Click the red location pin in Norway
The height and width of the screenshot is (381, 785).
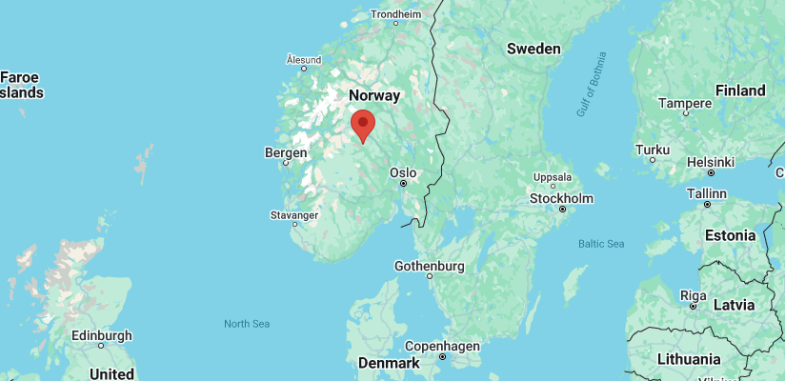point(362,125)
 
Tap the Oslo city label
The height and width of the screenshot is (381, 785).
point(403,172)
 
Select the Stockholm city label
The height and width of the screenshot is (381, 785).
point(562,198)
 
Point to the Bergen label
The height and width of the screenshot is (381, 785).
point(286,152)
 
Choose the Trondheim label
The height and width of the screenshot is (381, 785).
point(395,14)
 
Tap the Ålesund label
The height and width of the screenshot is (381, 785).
point(304,59)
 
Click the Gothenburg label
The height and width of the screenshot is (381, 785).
point(429,266)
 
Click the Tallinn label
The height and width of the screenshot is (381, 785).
point(706,192)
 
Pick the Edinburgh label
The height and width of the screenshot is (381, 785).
point(101,335)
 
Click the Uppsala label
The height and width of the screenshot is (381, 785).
point(553,177)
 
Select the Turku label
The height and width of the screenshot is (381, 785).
point(653,150)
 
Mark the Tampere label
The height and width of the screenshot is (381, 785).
point(685,103)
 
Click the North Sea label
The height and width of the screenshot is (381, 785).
point(247,324)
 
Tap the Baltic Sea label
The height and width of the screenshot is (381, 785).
point(601,244)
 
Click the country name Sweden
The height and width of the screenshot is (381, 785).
point(533,49)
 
